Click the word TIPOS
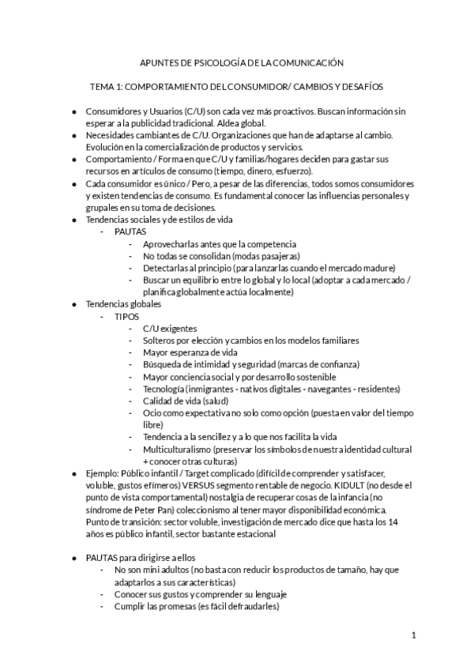click(x=126, y=316)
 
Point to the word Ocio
click(x=152, y=412)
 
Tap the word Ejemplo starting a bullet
click(x=104, y=473)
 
